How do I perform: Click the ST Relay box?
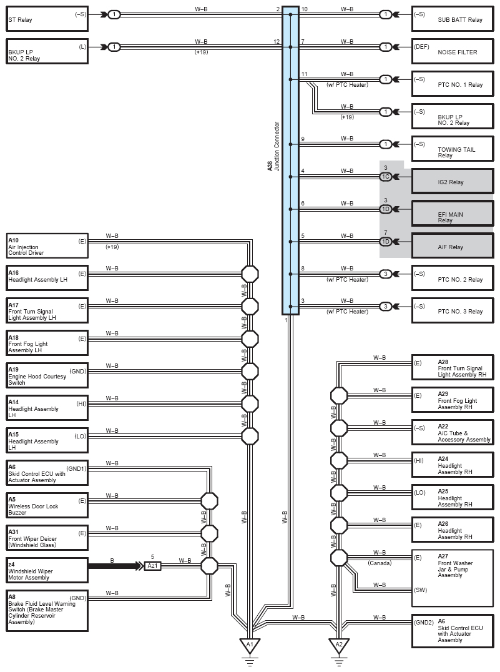[x=47, y=19]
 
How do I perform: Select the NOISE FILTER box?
[x=453, y=52]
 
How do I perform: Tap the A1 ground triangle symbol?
[x=250, y=645]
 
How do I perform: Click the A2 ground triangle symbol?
[x=339, y=645]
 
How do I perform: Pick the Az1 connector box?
[x=152, y=566]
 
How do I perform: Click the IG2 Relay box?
[x=453, y=182]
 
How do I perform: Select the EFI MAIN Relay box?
[x=453, y=214]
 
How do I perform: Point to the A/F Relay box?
[x=453, y=246]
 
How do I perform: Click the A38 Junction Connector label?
[x=273, y=147]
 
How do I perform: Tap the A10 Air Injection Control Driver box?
[x=47, y=246]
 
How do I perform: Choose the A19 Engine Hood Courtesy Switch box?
[x=47, y=376]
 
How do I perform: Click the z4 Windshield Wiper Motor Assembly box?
[x=47, y=570]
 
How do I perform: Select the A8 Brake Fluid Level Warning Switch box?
[x=47, y=611]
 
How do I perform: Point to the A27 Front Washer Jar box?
[x=453, y=578]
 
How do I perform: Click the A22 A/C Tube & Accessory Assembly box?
[x=453, y=432]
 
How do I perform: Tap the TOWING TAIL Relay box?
[x=453, y=149]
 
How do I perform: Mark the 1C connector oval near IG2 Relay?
[x=386, y=177]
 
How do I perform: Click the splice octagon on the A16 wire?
[x=250, y=274]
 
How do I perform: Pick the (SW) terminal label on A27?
[x=421, y=590]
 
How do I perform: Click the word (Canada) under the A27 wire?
[x=380, y=563]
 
